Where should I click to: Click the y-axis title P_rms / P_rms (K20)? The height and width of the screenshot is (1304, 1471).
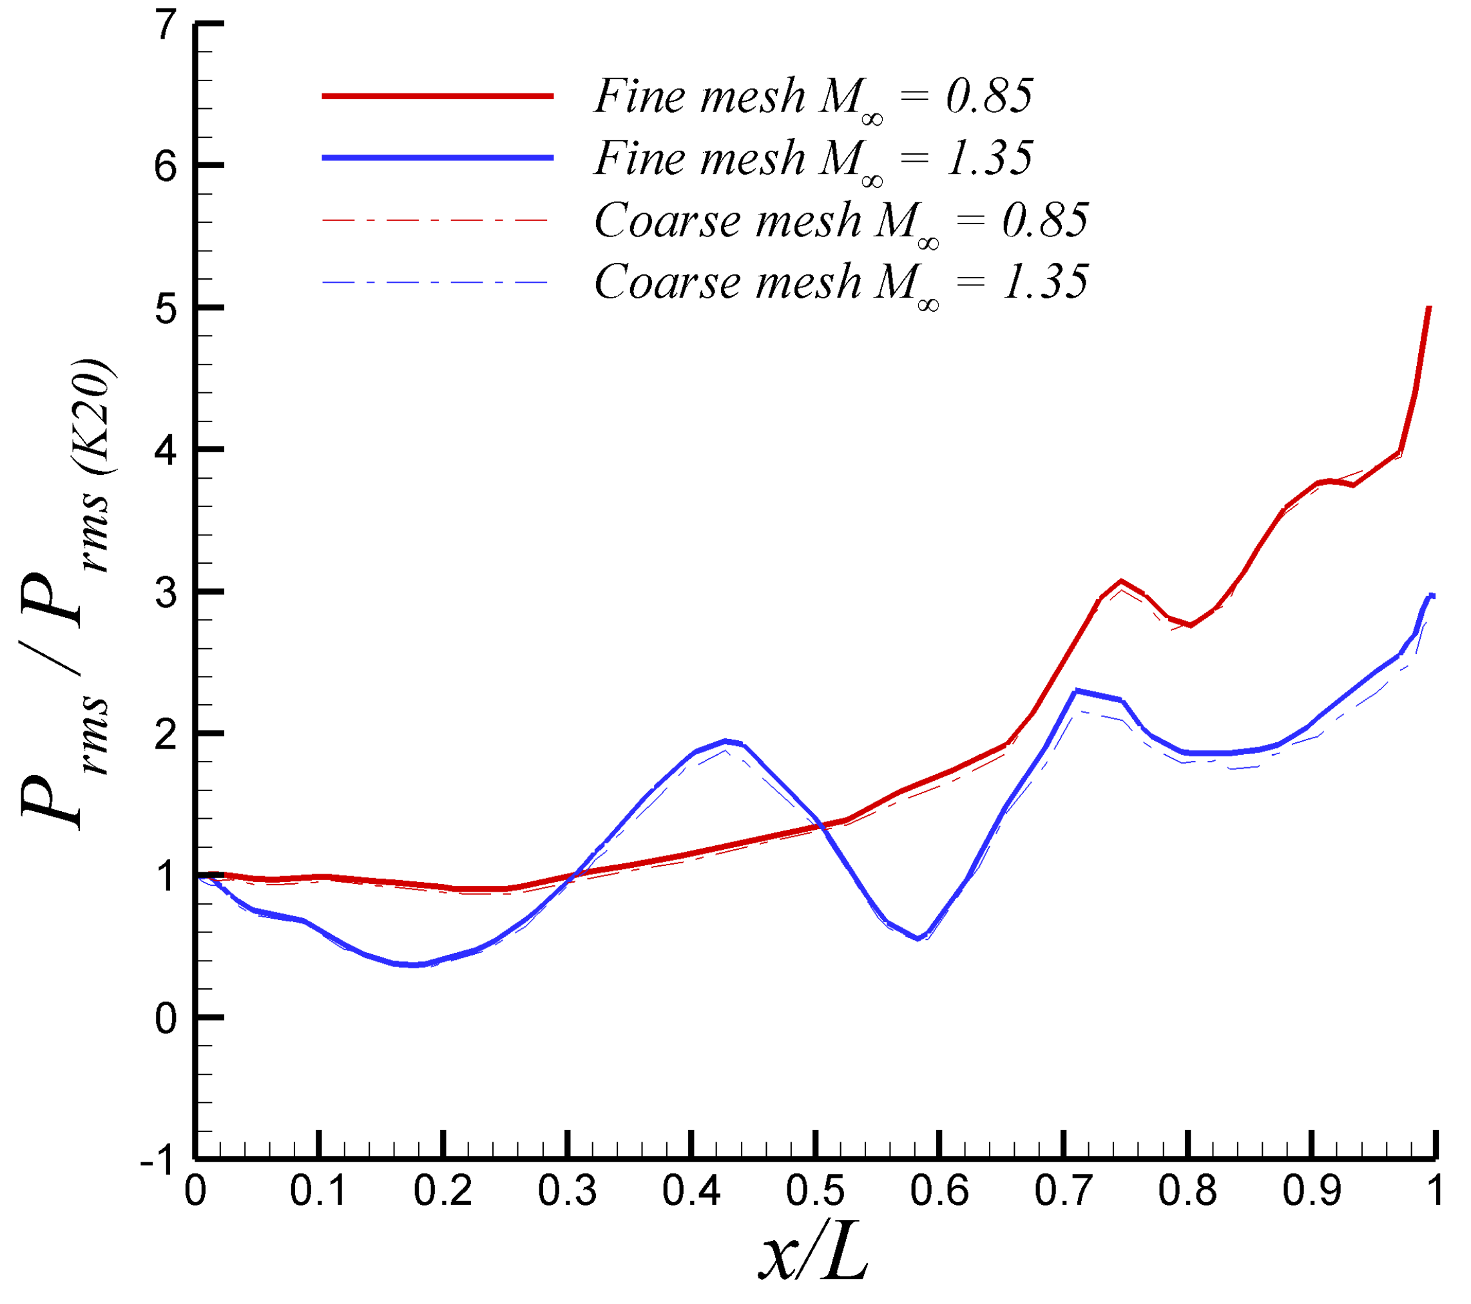(68, 594)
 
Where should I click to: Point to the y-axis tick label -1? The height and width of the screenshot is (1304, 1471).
(159, 1160)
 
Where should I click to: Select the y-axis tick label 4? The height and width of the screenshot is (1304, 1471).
(166, 451)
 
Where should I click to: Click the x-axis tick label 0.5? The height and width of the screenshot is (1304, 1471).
(814, 1191)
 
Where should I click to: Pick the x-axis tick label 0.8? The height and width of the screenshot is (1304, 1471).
(1187, 1191)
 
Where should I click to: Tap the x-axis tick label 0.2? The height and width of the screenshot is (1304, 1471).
(443, 1191)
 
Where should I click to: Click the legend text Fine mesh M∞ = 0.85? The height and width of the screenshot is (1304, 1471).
(813, 97)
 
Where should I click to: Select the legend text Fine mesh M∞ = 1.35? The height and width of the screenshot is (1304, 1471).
(813, 159)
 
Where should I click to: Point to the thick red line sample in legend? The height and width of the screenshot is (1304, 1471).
(437, 96)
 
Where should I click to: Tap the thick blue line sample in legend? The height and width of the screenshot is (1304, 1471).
(437, 158)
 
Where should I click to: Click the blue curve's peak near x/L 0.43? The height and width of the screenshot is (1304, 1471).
(726, 740)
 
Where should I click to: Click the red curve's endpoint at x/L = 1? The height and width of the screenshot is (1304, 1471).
(1429, 308)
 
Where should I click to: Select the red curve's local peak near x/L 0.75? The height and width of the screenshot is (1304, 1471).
(1121, 580)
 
